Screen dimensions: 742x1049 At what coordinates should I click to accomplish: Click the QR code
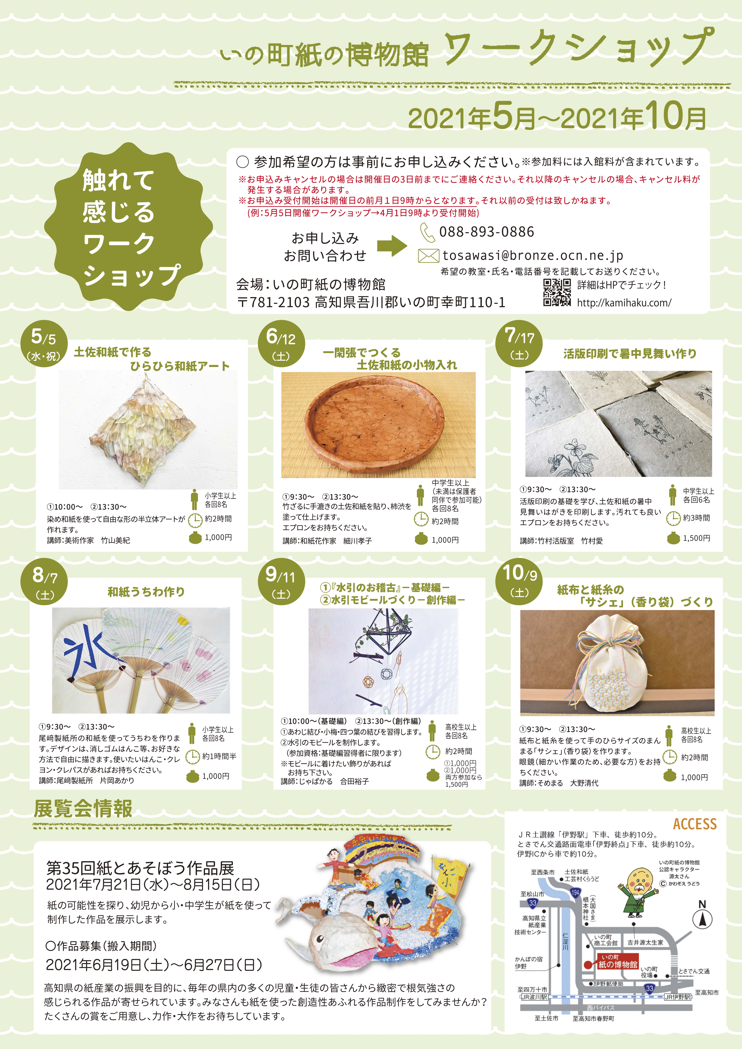pyautogui.click(x=557, y=292)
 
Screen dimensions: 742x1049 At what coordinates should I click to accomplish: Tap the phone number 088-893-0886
pyautogui.click(x=486, y=232)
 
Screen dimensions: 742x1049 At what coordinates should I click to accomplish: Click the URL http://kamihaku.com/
pyautogui.click(x=624, y=302)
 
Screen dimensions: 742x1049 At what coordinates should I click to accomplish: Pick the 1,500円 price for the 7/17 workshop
pyautogui.click(x=696, y=538)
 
